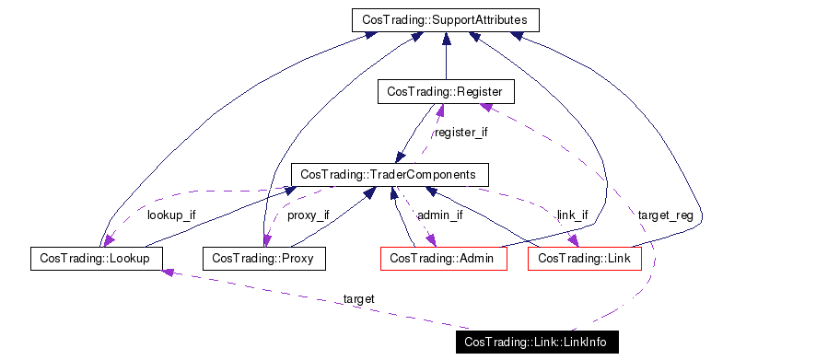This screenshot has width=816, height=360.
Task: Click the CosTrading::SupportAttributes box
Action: point(445,19)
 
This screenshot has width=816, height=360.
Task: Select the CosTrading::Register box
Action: point(445,91)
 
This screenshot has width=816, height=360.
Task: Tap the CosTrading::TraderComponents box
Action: point(389,174)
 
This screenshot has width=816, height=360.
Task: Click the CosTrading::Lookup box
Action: point(96,258)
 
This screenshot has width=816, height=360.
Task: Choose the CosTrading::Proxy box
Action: point(263,259)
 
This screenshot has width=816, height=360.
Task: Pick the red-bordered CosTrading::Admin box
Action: point(443,259)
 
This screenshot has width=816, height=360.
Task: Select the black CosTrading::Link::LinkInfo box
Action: point(536,343)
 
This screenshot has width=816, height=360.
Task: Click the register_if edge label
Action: point(460,133)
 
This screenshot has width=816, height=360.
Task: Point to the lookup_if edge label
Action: point(171,215)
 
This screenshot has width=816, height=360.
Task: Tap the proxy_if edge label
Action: point(308,215)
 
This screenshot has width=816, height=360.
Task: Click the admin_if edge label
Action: point(439,215)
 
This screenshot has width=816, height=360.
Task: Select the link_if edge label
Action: point(572,215)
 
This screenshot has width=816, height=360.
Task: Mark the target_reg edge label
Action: point(665,215)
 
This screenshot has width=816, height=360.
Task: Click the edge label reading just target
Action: point(358,299)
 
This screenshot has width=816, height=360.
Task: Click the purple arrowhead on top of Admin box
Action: point(431,241)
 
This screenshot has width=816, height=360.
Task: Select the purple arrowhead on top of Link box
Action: point(575,241)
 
